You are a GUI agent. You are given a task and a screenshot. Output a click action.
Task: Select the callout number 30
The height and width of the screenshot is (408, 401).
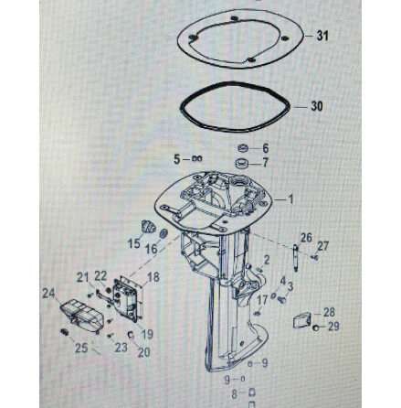point(317,106)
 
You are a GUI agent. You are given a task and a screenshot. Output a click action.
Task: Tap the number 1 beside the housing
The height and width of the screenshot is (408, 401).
point(290,199)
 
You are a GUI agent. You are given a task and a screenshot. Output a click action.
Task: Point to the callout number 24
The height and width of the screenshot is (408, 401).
point(47,292)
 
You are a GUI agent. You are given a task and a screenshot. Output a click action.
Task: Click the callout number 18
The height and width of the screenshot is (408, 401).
point(153,275)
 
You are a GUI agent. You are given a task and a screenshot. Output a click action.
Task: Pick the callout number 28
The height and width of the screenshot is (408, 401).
point(328,313)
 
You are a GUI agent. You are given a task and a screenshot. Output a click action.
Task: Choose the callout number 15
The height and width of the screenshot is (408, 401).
point(133,242)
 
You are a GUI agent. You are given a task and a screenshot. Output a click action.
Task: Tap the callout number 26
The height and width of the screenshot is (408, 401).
point(305,236)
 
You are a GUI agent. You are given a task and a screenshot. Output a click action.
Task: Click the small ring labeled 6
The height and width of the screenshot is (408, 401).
point(243,147)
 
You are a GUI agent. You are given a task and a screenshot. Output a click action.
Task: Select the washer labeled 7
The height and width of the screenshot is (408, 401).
point(243,162)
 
